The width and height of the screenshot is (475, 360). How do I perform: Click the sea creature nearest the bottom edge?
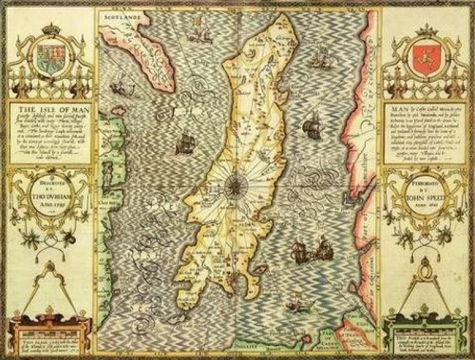pos(292,306)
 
